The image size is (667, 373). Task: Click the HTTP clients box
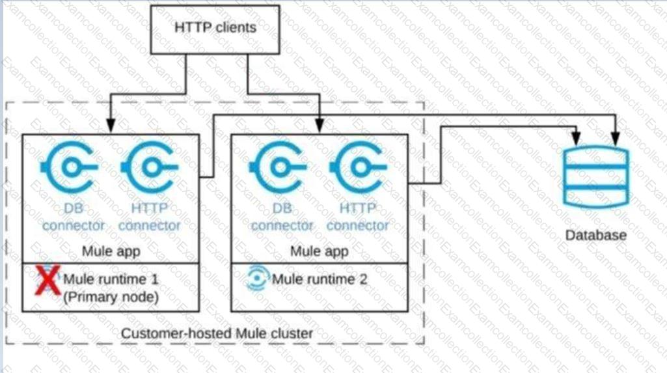point(215,28)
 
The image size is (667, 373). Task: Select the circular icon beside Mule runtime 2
point(258,279)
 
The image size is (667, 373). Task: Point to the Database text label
point(596,234)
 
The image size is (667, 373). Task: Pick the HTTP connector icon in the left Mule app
point(148,168)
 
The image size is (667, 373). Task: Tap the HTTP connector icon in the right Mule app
point(357,168)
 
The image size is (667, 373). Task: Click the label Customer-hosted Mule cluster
point(217,333)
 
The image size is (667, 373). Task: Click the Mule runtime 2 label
point(319,280)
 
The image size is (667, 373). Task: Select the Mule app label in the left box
point(111,251)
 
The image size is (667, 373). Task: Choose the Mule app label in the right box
point(319,251)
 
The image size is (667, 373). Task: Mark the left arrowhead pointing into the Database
point(577,138)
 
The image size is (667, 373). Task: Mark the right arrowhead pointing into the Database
point(615,138)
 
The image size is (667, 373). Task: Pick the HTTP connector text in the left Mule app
point(150,217)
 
